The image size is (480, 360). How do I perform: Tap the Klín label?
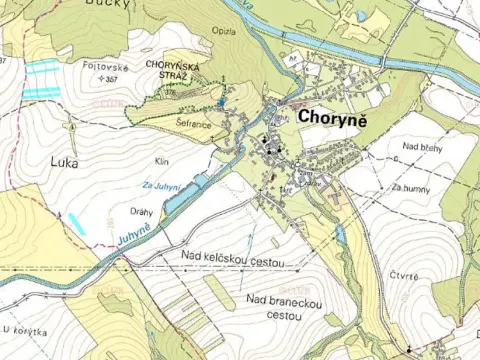coord(162,161)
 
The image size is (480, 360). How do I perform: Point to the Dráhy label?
coord(142,212)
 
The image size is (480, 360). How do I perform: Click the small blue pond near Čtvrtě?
coord(341,236)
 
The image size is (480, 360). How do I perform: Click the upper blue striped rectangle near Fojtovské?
coord(43,67)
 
